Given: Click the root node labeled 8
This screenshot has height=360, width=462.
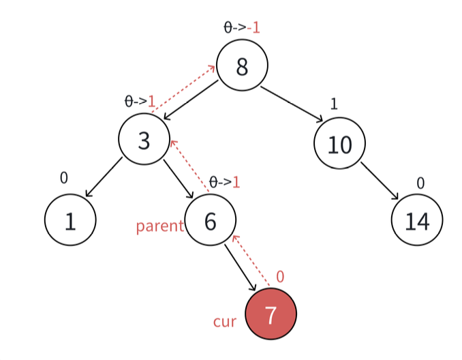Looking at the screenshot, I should pyautogui.click(x=242, y=66).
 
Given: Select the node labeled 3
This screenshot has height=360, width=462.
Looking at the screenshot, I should pyautogui.click(x=144, y=140).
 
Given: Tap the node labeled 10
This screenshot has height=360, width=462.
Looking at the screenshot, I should pyautogui.click(x=339, y=145).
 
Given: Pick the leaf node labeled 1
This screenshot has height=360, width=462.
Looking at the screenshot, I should pyautogui.click(x=70, y=220).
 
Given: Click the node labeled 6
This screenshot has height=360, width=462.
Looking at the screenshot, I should pyautogui.click(x=210, y=220).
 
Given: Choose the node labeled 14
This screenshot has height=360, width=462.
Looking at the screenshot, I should pyautogui.click(x=417, y=220).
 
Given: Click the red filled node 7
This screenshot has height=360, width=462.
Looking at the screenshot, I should pyautogui.click(x=271, y=314).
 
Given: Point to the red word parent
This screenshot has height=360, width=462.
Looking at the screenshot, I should pyautogui.click(x=159, y=226).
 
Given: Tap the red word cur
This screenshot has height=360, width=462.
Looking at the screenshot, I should pyautogui.click(x=224, y=321).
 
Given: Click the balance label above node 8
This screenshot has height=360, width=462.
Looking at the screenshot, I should pyautogui.click(x=242, y=28).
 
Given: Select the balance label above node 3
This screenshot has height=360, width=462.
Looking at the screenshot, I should pyautogui.click(x=140, y=102).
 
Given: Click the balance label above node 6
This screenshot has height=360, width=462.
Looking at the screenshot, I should pyautogui.click(x=224, y=182).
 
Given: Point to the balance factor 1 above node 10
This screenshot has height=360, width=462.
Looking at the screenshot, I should pyautogui.click(x=334, y=104).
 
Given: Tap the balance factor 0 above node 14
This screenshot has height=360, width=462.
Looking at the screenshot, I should pyautogui.click(x=420, y=183).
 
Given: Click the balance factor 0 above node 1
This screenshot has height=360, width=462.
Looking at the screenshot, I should pyautogui.click(x=64, y=178).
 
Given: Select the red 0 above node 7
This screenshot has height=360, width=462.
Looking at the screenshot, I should pyautogui.click(x=280, y=277).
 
